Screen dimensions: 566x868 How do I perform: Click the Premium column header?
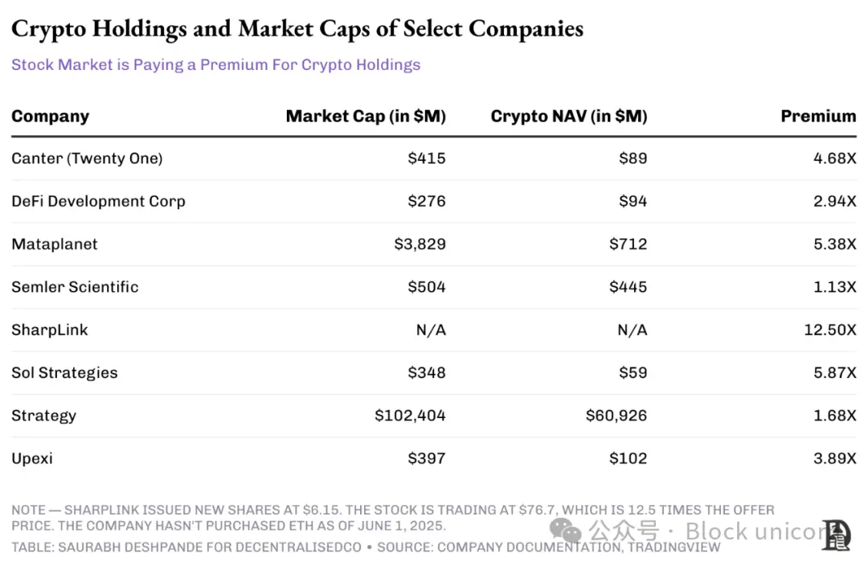click(x=818, y=116)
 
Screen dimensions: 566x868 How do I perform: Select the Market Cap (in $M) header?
click(x=366, y=116)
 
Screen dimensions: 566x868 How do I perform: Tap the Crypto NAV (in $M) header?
click(x=568, y=116)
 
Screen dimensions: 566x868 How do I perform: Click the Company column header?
click(x=50, y=116)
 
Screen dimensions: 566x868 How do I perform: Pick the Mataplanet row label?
click(x=55, y=244)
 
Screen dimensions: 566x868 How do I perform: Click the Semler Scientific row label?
click(x=75, y=287)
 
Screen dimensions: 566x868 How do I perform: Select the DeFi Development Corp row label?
click(x=98, y=201)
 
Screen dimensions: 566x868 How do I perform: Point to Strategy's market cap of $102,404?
click(x=410, y=416)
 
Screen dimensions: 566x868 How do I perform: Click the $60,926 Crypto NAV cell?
click(x=616, y=416)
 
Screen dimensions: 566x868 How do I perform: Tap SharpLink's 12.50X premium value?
click(x=829, y=330)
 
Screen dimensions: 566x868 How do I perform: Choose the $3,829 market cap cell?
click(x=420, y=244)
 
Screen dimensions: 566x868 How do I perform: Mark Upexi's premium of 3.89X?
click(x=834, y=458)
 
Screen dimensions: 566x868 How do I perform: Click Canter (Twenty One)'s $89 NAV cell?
click(x=633, y=158)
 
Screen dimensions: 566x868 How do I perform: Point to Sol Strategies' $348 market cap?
click(x=427, y=372)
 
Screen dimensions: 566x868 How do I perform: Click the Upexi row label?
click(x=32, y=458)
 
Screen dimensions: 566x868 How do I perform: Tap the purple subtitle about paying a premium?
click(x=215, y=64)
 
